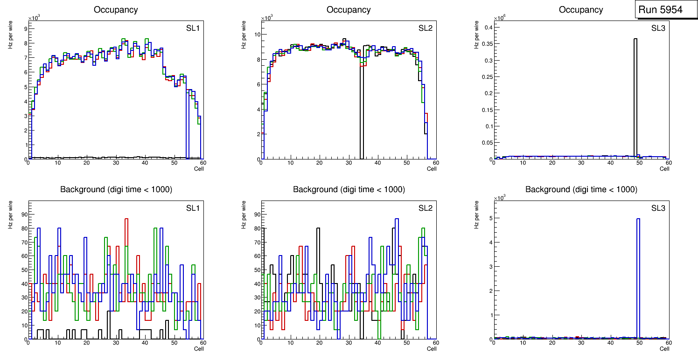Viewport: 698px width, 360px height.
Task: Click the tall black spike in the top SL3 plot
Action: [635, 93]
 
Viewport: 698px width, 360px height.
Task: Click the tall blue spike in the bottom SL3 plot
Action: [638, 280]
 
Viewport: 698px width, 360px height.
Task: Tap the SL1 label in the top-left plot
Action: [193, 28]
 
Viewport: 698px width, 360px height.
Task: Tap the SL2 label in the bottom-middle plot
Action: [425, 208]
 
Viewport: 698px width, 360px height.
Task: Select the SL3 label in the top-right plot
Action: [658, 28]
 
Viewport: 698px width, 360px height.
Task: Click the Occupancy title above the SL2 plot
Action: [349, 10]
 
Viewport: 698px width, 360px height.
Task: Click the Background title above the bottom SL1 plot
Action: [116, 189]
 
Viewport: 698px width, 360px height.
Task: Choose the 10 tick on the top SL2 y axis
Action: [257, 35]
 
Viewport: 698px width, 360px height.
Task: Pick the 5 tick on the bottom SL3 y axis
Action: [490, 218]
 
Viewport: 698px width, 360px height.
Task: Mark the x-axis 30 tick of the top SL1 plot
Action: [115, 163]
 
